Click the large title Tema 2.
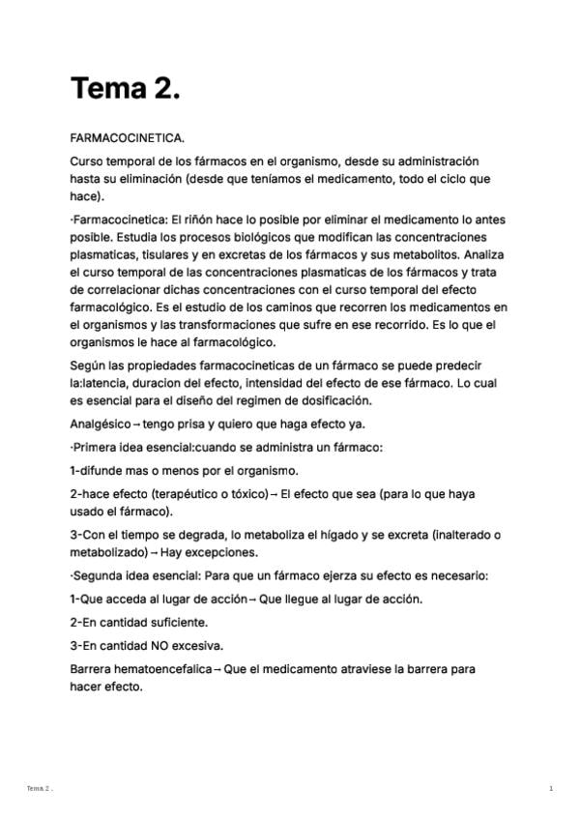click(x=126, y=89)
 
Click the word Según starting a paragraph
click(x=89, y=365)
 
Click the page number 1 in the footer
click(x=551, y=789)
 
